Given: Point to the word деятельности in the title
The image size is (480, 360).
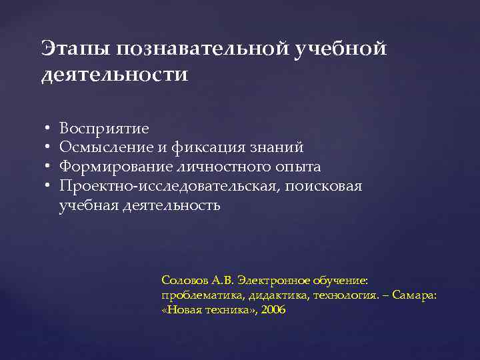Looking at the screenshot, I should click(x=115, y=75).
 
